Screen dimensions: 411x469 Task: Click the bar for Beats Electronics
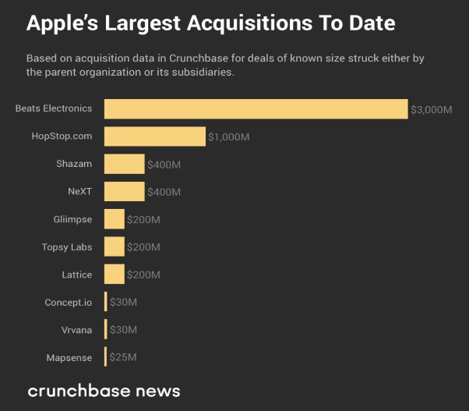(x=256, y=108)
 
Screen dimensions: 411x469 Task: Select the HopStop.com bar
(x=154, y=136)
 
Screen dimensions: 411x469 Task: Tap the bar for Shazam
(x=124, y=164)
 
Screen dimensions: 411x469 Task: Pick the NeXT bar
(x=124, y=192)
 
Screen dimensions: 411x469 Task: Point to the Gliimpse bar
(x=114, y=219)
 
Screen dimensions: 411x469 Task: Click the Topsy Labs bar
(x=114, y=247)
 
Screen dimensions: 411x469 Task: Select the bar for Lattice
(x=114, y=275)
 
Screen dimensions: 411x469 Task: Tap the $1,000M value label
(x=228, y=136)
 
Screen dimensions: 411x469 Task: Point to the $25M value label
(x=122, y=357)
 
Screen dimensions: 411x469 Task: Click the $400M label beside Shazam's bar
(x=164, y=165)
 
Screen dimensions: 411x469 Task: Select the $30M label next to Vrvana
(x=123, y=330)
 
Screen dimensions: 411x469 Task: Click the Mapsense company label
(x=69, y=357)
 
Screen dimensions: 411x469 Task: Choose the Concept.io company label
(x=69, y=302)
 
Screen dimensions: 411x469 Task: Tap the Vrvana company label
(x=76, y=330)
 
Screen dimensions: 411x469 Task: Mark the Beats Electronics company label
(x=54, y=108)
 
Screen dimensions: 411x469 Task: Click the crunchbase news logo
(x=104, y=390)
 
